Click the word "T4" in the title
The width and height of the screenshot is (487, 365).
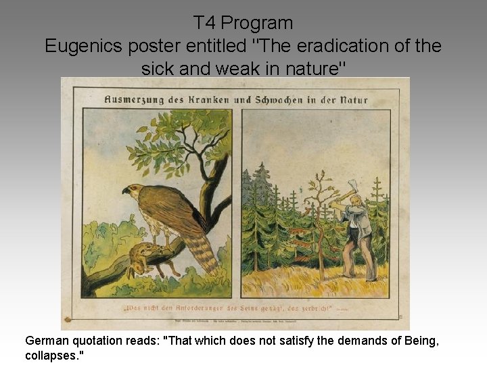point(205,23)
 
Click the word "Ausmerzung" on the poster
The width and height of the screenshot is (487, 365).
point(135,100)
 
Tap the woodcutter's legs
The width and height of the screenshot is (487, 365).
point(358,260)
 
